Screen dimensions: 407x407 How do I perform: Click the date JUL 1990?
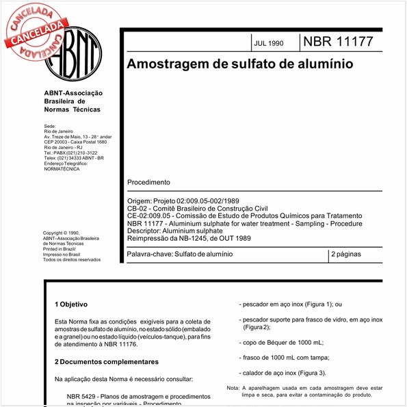(268, 43)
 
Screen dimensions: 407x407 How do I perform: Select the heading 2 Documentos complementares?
(107, 361)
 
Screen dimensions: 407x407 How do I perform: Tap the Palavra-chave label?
(150, 254)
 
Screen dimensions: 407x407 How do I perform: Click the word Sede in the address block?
(50, 126)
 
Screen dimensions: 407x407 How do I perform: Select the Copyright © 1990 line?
(62, 233)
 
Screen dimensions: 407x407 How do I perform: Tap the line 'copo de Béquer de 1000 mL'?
(281, 342)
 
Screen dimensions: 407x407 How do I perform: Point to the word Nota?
(233, 388)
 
